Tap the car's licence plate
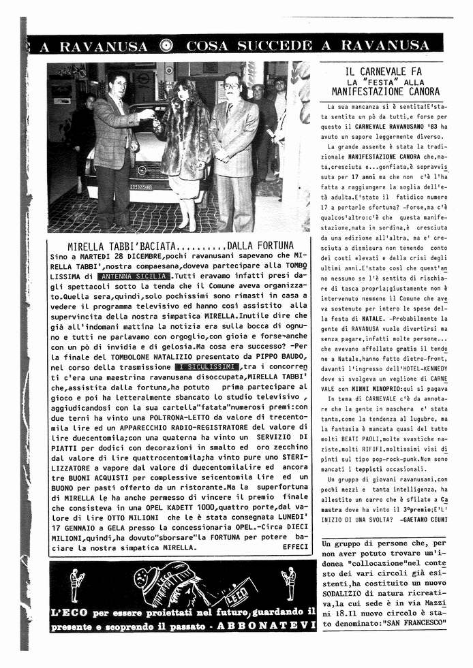(x=142, y=187)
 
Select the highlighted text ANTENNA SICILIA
(x=134, y=277)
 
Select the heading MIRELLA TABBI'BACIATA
(x=123, y=245)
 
